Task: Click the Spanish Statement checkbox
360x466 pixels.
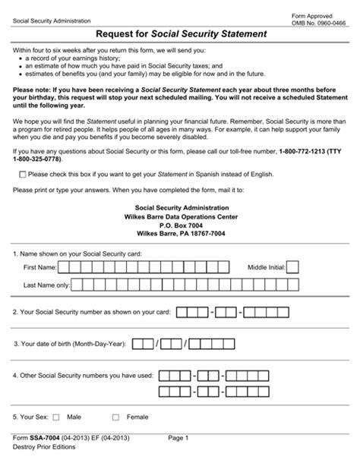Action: tap(20, 175)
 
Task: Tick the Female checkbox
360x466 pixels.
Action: tap(115, 417)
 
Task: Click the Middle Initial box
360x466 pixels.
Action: tap(292, 268)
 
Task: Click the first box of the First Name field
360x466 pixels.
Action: tap(65, 268)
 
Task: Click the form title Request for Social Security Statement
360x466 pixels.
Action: tap(180, 34)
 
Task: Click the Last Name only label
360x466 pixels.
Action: tap(46, 285)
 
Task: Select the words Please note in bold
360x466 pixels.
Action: tap(33, 89)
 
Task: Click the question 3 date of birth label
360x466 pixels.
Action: tap(69, 343)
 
